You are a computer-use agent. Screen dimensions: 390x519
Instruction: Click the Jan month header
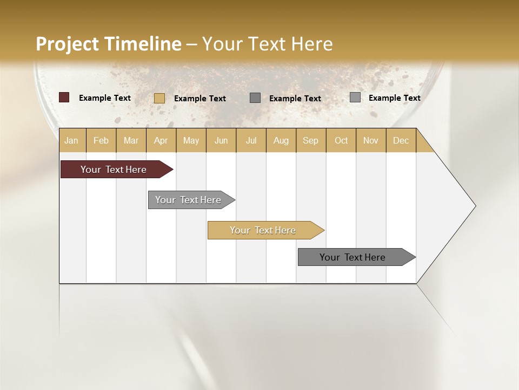tap(71, 140)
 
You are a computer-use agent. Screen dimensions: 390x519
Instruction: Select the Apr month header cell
tap(161, 140)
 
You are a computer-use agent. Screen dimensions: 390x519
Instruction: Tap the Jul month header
tap(251, 140)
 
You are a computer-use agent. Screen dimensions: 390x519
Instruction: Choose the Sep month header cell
tap(311, 140)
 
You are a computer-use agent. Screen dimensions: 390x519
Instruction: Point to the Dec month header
tap(401, 140)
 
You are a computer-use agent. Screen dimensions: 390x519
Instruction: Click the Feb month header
tap(101, 140)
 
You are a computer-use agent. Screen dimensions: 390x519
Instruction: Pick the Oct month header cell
tap(341, 140)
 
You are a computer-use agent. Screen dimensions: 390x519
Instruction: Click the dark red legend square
tap(64, 97)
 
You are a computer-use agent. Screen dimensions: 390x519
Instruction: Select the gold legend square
tap(159, 98)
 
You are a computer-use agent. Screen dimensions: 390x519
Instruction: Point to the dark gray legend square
tap(255, 98)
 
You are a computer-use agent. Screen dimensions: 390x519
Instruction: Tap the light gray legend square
tap(355, 97)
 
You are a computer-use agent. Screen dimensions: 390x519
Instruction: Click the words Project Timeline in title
tap(109, 44)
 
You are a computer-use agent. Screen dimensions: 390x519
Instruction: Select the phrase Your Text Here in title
tap(268, 44)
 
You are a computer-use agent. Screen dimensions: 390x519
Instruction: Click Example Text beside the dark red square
tap(105, 98)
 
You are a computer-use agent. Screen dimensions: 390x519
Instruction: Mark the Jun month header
tap(221, 140)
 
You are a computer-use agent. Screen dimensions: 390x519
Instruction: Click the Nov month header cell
tap(371, 140)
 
